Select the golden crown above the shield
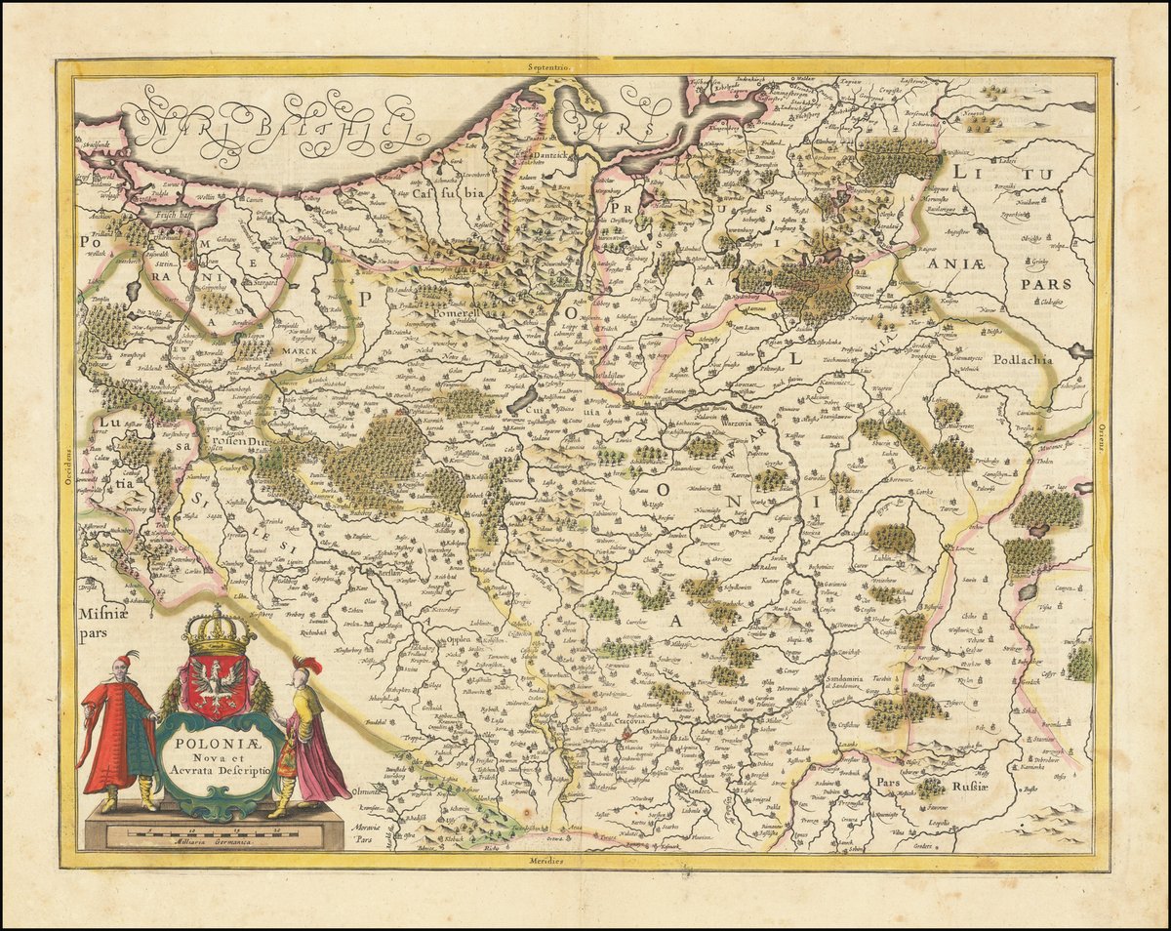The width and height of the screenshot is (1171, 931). [x=218, y=632]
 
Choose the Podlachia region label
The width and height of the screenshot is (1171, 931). [x=1024, y=359]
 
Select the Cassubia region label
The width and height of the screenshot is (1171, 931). [x=451, y=194]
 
